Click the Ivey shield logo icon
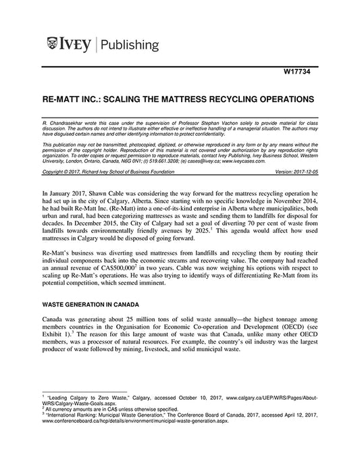53,45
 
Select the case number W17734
298,73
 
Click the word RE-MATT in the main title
66,99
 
